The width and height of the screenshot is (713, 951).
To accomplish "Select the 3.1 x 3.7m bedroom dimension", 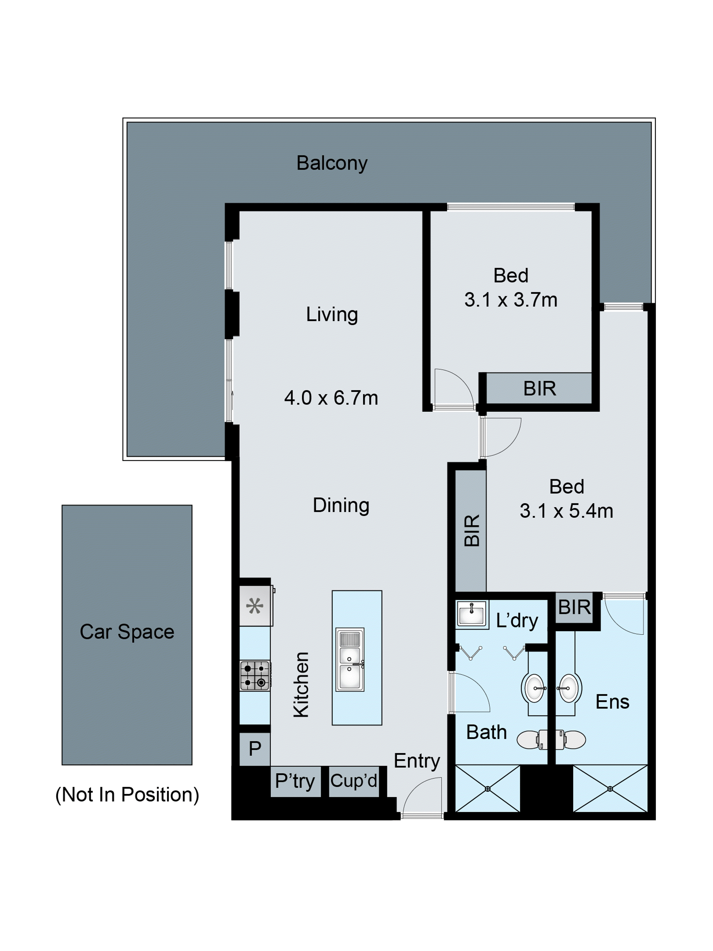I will point(511,300).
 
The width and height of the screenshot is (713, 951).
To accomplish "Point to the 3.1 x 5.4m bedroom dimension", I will point(566,511).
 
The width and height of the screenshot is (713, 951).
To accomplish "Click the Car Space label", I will point(127,632).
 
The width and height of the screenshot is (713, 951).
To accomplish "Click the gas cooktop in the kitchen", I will point(255,675).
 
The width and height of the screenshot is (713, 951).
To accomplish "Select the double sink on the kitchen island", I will point(350,659).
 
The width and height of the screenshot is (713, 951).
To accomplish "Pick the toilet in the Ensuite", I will point(572,740).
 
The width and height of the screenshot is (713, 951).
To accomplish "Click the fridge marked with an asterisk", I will point(255,607).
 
